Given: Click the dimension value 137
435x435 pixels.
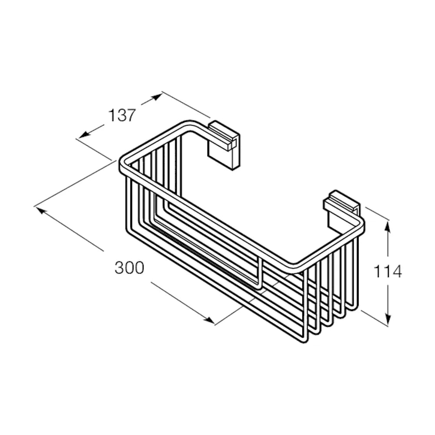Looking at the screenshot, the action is coord(122,115).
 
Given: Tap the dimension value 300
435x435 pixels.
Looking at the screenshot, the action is coord(130,268).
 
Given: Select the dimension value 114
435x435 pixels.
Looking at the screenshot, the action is coord(388,271).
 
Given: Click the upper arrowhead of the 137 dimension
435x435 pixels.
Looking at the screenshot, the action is coord(156,97).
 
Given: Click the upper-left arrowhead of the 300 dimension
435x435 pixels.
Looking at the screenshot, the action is coord(40,210).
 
